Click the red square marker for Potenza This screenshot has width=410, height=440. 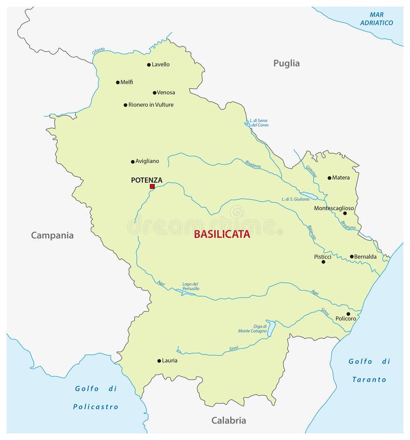coord(152,187)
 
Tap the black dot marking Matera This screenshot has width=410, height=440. coord(330,178)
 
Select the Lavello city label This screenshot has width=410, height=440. coord(160,65)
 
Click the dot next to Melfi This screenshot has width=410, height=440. coord(117,82)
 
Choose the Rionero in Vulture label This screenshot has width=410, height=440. coord(151,105)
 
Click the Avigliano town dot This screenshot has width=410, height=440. coord(132,161)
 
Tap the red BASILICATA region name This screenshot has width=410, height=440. coord(222,234)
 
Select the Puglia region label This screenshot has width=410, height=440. coord(286,64)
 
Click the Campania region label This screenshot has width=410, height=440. coord(52,236)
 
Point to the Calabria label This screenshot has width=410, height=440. coord(229,421)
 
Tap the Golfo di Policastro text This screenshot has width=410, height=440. coord(95,397)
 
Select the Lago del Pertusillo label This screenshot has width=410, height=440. coord(191,286)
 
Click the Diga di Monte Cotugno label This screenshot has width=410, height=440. coord(252,328)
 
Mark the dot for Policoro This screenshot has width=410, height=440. coord(348,314)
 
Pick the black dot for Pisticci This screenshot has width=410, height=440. coord(323,262)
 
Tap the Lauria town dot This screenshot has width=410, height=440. coord(159,361)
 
